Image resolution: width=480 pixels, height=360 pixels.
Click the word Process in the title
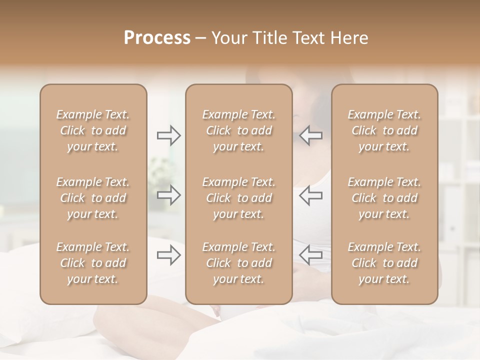(157, 38)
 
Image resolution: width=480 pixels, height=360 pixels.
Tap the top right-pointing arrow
(169, 135)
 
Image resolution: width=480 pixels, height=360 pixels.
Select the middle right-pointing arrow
(169, 195)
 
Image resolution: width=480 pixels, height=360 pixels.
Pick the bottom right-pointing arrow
(169, 255)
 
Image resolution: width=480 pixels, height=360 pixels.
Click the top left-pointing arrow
(311, 135)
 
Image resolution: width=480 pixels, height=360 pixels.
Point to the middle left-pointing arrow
(311, 195)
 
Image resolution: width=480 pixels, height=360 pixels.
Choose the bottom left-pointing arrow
(311, 255)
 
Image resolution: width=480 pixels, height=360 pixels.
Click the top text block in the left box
(93, 130)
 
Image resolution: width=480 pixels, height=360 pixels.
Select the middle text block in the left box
(93, 198)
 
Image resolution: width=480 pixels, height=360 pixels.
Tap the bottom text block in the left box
(93, 263)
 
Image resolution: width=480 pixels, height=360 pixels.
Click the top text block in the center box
(239, 130)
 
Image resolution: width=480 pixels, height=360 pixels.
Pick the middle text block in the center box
(239, 198)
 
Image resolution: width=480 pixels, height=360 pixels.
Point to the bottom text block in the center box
(239, 263)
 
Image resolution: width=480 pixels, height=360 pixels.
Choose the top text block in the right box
(384, 130)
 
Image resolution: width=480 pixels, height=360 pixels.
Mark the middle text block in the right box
(384, 198)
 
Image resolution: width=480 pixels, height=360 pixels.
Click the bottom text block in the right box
(384, 263)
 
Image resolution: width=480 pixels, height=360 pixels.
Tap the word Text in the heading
(307, 38)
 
